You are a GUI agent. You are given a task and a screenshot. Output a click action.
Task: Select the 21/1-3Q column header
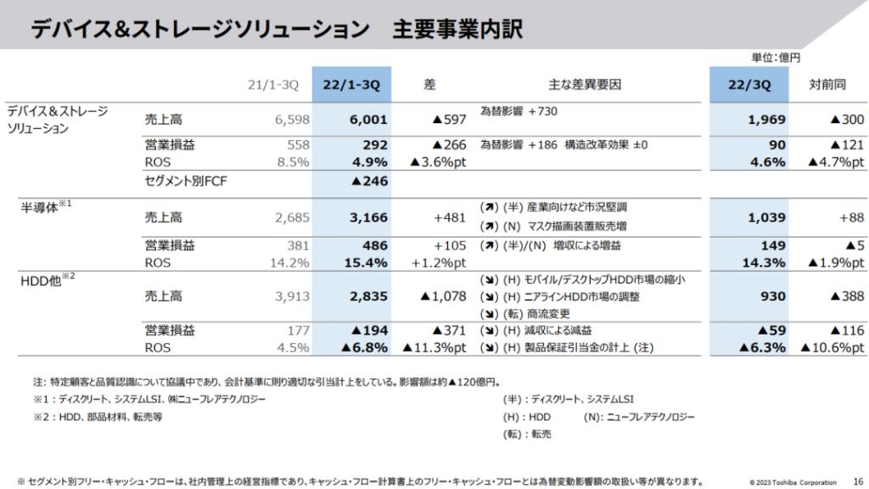(273, 84)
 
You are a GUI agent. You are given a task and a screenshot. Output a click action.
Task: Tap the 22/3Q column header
(750, 84)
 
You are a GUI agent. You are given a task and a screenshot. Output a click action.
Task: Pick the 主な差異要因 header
(585, 84)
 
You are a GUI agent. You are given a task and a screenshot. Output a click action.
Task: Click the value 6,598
(291, 120)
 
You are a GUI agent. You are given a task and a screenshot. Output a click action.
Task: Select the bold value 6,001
(368, 120)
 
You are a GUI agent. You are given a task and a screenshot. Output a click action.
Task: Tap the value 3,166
(368, 216)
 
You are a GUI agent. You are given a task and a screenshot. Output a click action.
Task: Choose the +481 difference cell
(449, 216)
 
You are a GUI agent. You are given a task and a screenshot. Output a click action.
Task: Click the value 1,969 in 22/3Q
(766, 120)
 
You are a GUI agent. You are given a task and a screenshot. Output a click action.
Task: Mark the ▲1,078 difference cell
(438, 296)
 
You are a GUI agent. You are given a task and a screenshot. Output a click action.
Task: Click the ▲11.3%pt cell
(434, 346)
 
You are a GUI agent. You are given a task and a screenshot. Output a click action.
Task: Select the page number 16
(857, 481)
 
